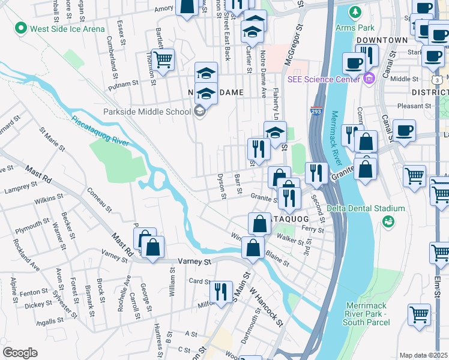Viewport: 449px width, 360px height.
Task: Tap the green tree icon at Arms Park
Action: (x=355, y=12)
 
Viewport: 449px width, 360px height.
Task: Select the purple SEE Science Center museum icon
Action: (x=369, y=77)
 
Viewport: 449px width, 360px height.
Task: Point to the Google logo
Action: (x=19, y=352)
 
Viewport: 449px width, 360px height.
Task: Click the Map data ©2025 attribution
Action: (x=424, y=355)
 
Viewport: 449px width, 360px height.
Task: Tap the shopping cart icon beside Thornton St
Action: (x=162, y=59)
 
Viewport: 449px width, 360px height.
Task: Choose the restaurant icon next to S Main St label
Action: (x=221, y=292)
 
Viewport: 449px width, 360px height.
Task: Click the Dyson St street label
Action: (x=221, y=186)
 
